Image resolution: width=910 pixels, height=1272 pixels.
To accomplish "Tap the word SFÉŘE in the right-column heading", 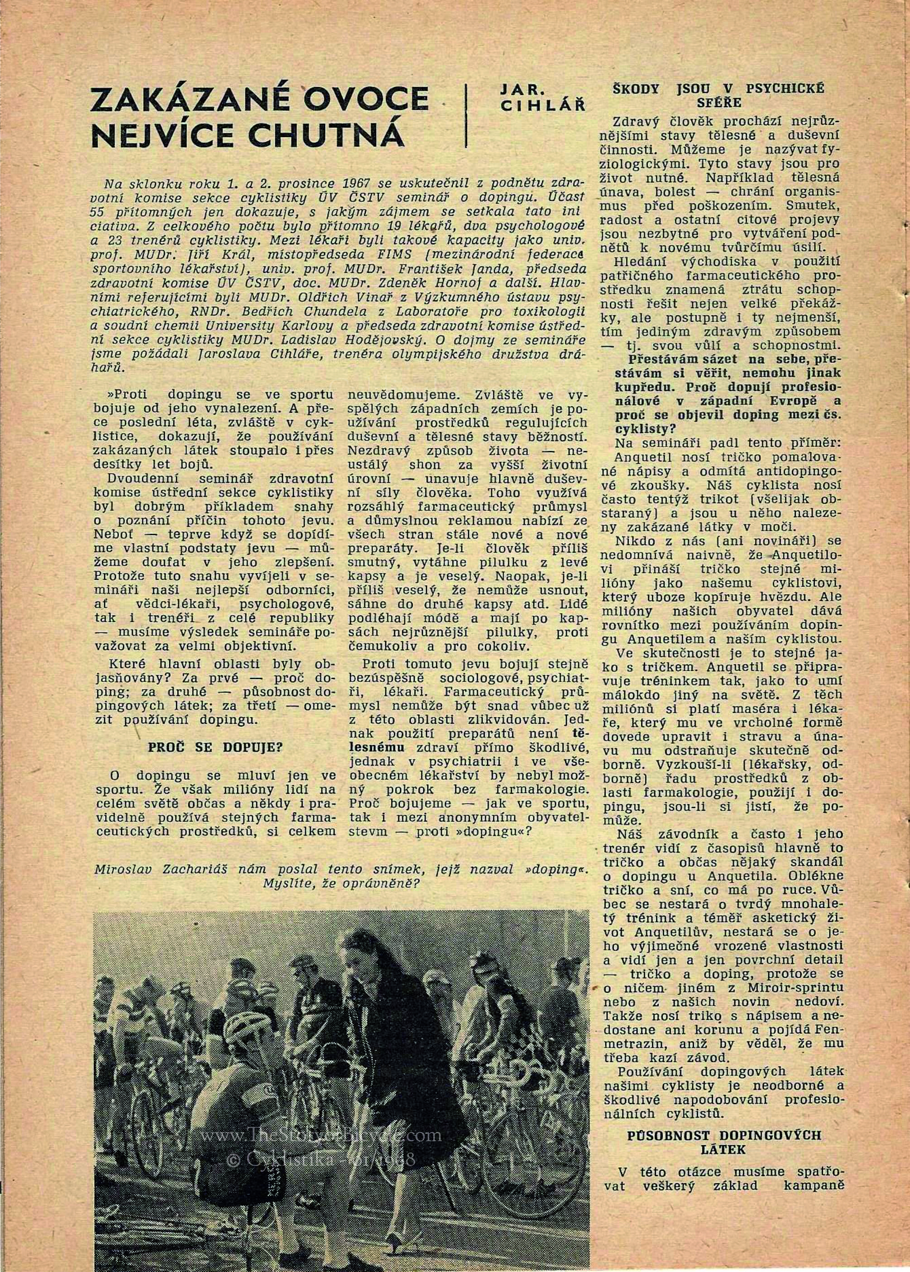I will (x=719, y=102).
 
